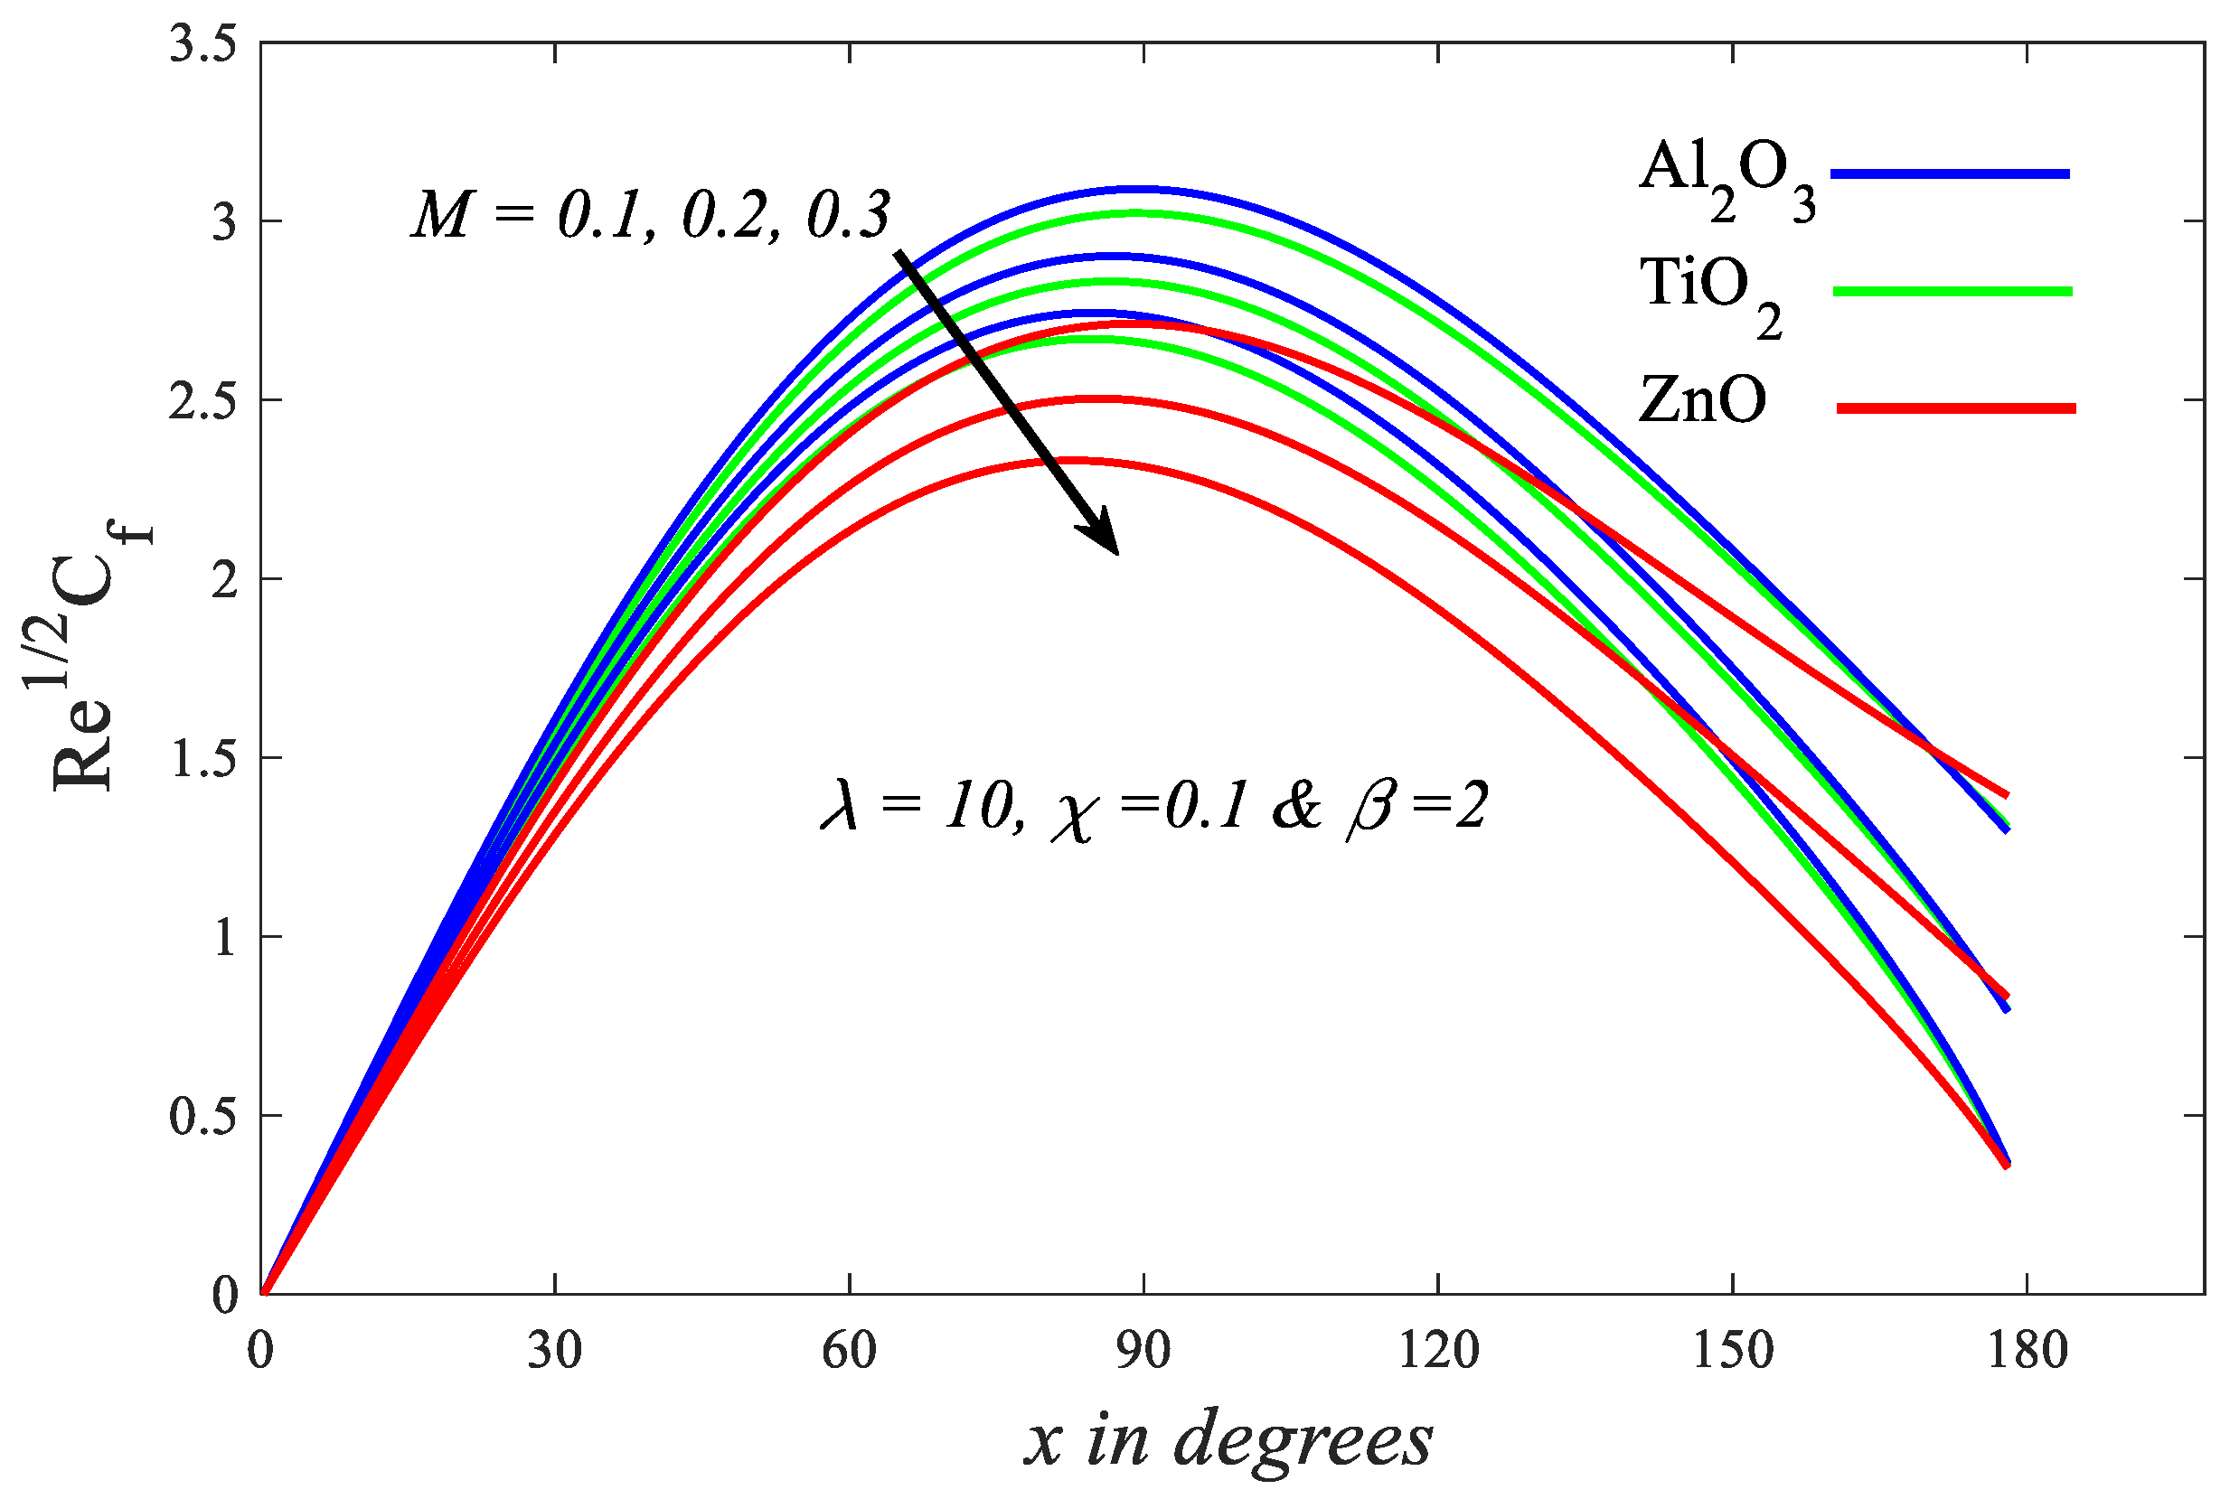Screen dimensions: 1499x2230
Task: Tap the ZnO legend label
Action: tap(1702, 399)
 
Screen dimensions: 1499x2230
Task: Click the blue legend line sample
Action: tap(1951, 174)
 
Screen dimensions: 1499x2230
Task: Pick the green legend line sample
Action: tap(1952, 292)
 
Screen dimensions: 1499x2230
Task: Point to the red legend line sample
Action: tap(1955, 409)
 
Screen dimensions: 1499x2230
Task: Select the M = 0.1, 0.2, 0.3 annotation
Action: tap(650, 215)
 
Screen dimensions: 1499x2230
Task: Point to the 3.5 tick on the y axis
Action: tap(202, 45)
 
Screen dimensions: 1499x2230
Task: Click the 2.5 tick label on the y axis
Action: tap(202, 401)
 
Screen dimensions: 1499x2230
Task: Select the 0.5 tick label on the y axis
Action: tap(202, 1117)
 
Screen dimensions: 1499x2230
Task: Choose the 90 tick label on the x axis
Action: tap(1143, 1351)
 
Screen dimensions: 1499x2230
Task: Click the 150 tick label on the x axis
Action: tap(1733, 1351)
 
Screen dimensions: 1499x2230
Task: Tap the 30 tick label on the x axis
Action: tap(555, 1351)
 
